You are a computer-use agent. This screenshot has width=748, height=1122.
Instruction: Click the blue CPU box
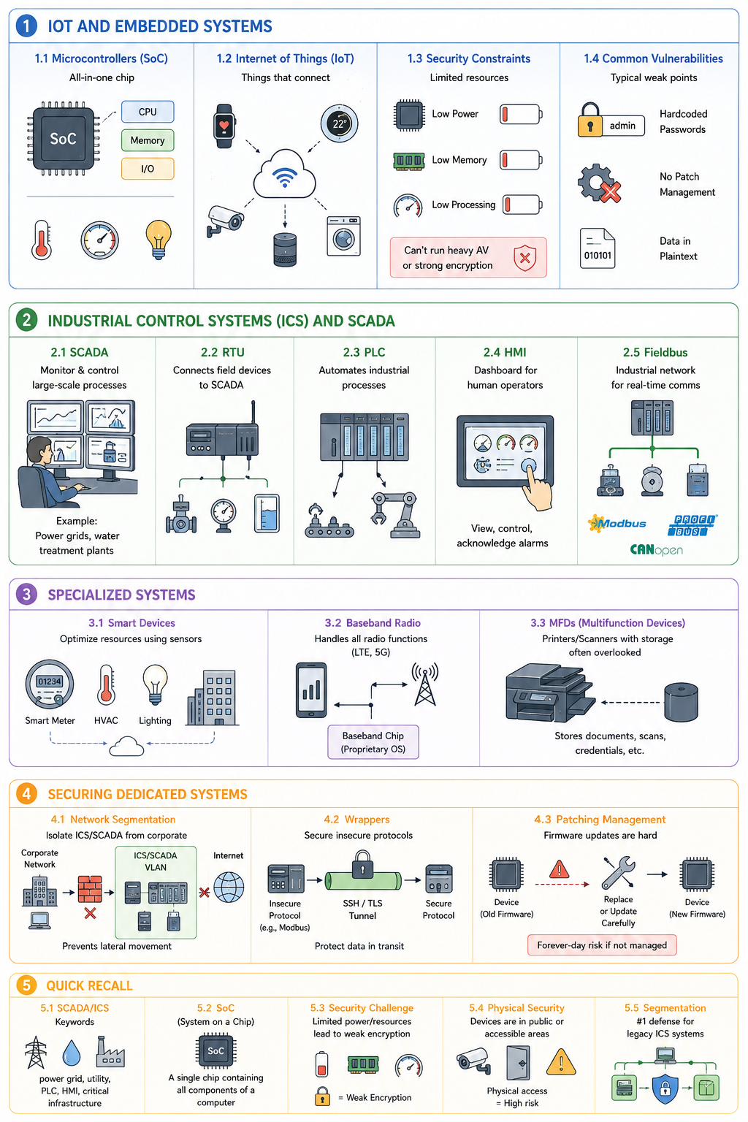(x=148, y=112)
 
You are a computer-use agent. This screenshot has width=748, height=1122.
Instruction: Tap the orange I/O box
(x=148, y=169)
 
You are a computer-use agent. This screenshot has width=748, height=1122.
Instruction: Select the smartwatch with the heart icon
(x=224, y=126)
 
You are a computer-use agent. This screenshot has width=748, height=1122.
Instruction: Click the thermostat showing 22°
(x=339, y=123)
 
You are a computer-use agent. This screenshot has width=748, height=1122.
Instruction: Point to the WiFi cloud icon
(x=285, y=175)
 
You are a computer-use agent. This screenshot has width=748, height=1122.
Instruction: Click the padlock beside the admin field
(x=589, y=121)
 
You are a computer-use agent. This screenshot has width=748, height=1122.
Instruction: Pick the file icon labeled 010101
(x=598, y=248)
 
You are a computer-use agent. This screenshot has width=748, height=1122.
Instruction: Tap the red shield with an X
(x=524, y=258)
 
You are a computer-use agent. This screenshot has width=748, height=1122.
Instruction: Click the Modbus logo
(x=617, y=524)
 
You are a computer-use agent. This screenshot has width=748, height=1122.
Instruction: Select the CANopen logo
(x=656, y=550)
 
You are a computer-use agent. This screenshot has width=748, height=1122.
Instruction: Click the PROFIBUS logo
(x=692, y=525)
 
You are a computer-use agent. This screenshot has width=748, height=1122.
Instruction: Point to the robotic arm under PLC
(x=395, y=514)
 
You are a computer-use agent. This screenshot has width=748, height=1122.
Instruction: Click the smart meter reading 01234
(x=50, y=684)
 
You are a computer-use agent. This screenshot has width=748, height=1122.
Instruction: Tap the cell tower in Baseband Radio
(x=425, y=684)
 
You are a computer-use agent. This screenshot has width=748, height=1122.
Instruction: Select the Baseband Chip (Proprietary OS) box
(x=373, y=742)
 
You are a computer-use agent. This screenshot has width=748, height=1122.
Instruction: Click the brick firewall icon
(x=90, y=888)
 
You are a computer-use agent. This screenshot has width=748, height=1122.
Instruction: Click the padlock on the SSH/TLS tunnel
(x=362, y=864)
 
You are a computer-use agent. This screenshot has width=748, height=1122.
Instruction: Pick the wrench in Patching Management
(x=618, y=872)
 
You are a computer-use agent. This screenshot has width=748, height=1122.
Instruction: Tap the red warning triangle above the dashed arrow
(x=559, y=869)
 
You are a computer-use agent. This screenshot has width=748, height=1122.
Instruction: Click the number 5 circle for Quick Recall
(x=26, y=985)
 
